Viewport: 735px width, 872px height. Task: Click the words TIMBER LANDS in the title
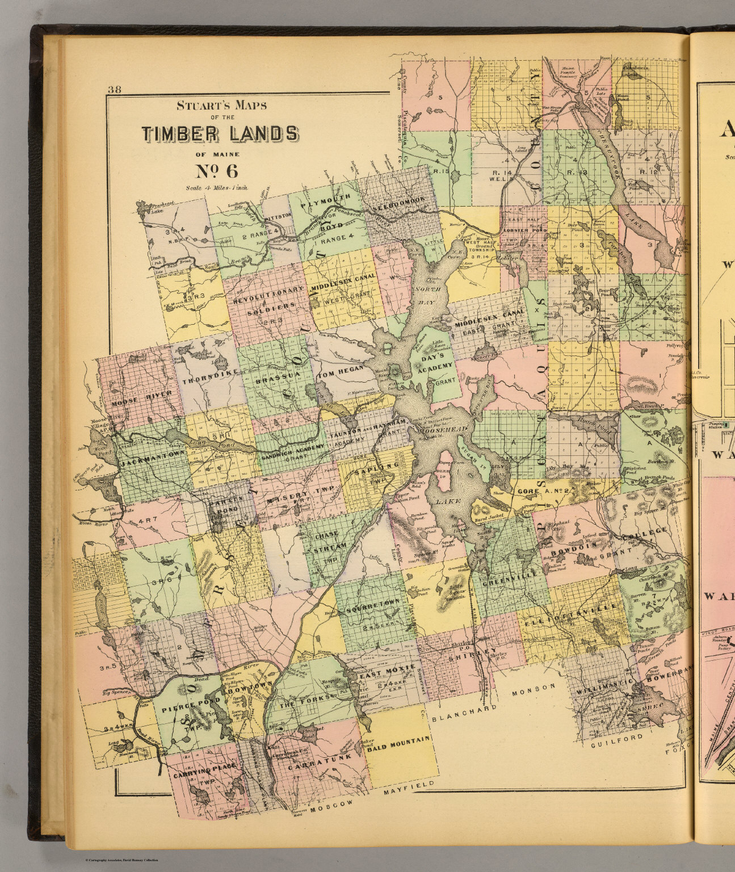(x=219, y=133)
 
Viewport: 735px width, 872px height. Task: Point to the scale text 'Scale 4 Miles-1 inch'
(x=216, y=187)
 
